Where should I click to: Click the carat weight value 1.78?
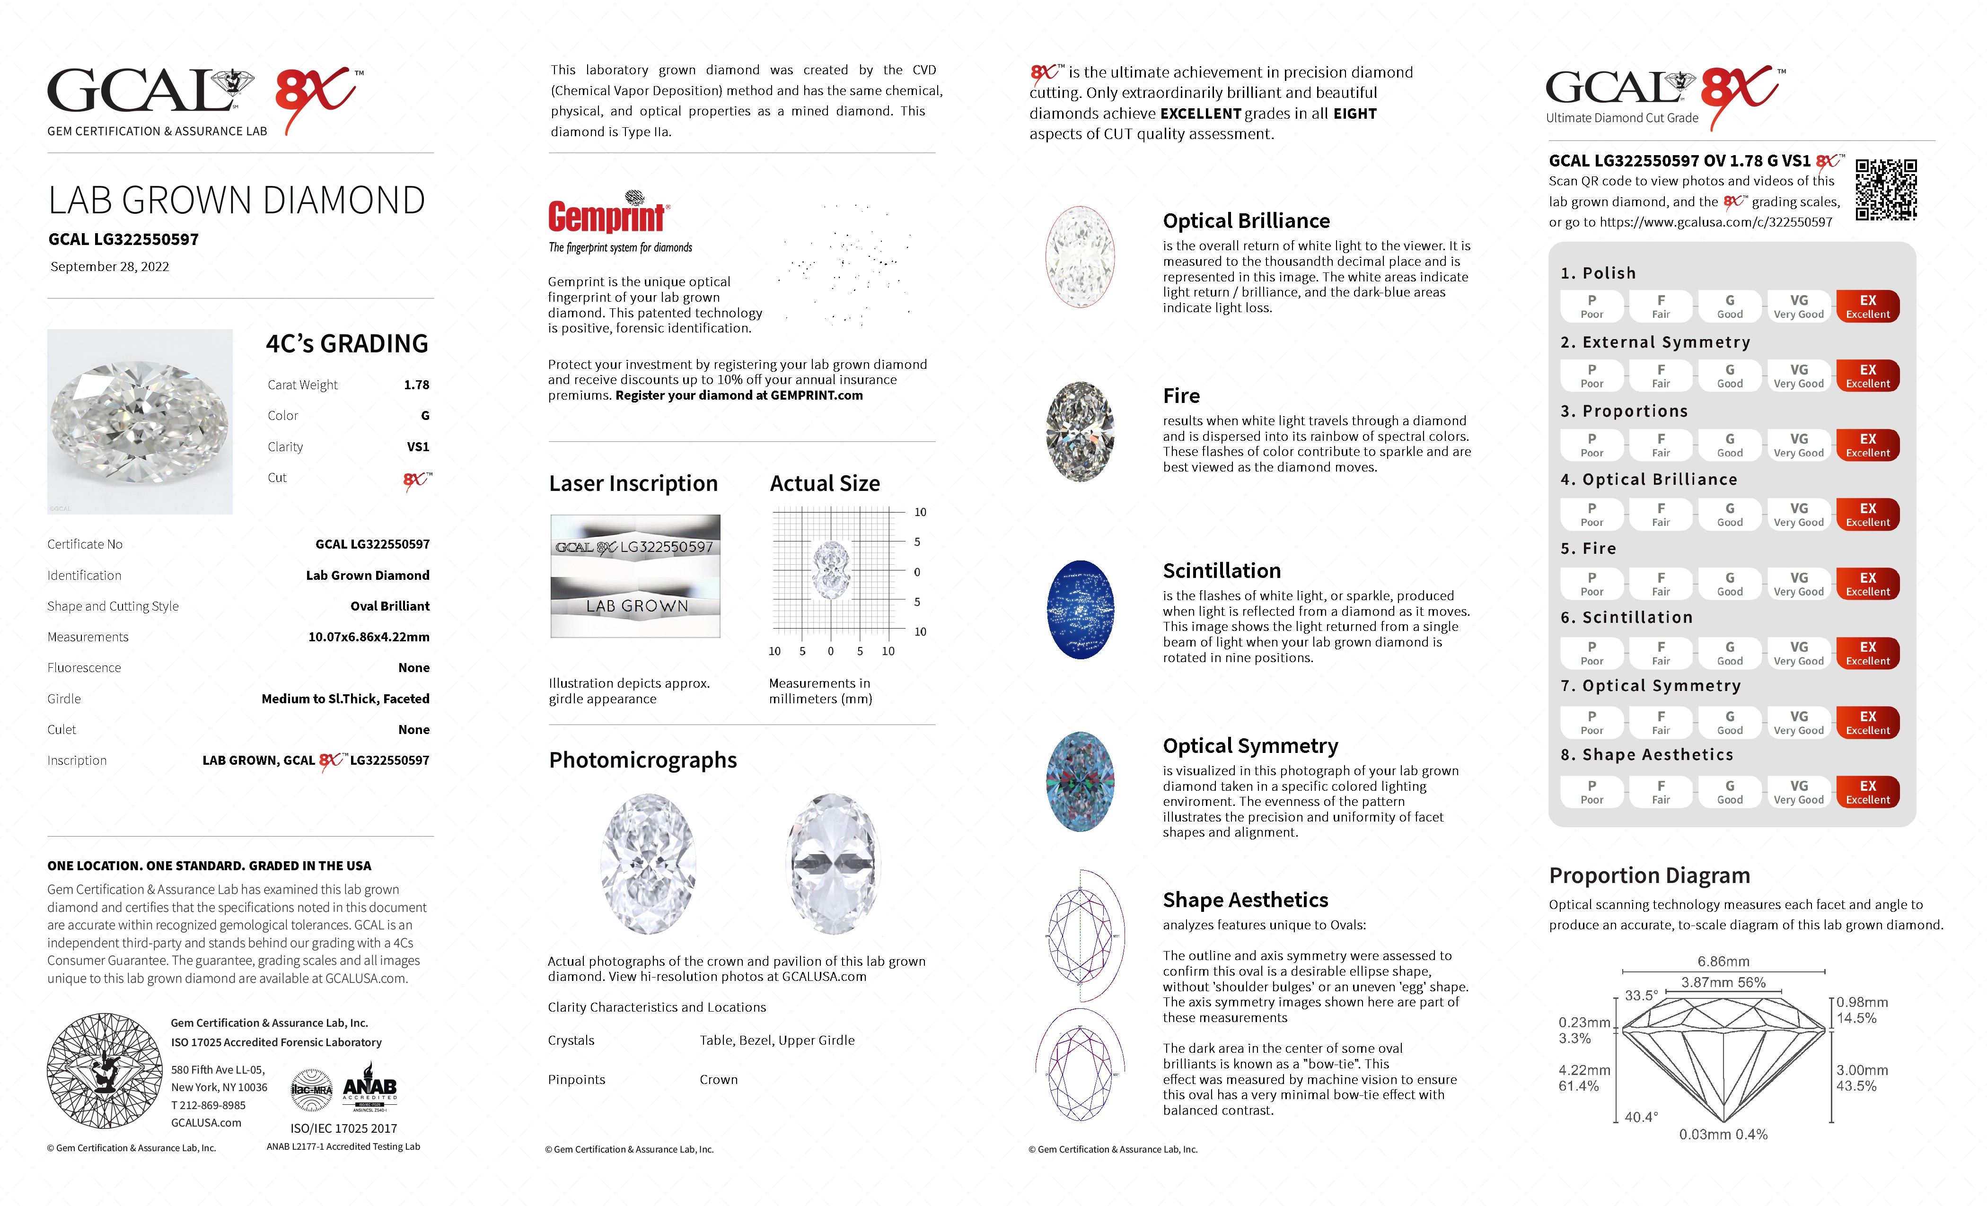416,385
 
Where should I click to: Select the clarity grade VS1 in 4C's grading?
418,446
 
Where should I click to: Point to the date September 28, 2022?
110,267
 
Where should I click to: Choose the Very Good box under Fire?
1798,584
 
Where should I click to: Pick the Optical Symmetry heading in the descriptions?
1250,746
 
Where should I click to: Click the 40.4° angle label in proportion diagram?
1641,1117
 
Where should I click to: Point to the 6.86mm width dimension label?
1723,961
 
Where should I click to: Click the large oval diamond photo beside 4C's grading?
140,421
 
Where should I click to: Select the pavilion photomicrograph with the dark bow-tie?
832,864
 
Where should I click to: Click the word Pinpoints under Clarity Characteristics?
577,1079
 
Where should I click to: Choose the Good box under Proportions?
1729,445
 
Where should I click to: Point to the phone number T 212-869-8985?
208,1105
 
